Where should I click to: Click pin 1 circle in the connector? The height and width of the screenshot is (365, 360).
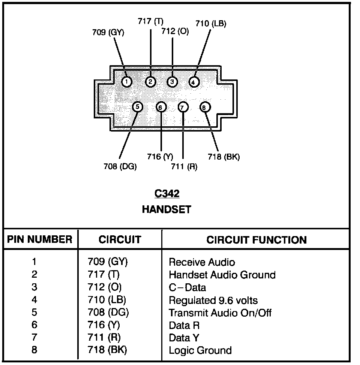pyautogui.click(x=127, y=81)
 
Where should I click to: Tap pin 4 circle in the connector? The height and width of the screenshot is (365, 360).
pyautogui.click(x=193, y=81)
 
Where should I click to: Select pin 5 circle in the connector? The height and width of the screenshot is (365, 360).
pyautogui.click(x=138, y=107)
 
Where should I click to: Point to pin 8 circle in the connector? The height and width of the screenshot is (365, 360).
pyautogui.click(x=205, y=108)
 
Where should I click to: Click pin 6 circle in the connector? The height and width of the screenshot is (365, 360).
pyautogui.click(x=161, y=108)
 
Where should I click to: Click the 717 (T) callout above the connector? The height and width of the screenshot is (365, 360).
pyautogui.click(x=150, y=21)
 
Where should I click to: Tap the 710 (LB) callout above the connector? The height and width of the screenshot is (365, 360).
pyautogui.click(x=211, y=24)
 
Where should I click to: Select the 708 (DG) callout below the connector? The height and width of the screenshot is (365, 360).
pyautogui.click(x=120, y=166)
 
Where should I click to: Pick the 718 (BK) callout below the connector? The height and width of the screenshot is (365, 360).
pyautogui.click(x=223, y=157)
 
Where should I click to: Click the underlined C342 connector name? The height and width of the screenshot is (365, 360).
pyautogui.click(x=167, y=194)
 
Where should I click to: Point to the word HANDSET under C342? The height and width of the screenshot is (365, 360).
pyautogui.click(x=166, y=209)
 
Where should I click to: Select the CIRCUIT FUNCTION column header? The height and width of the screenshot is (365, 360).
pyautogui.click(x=256, y=240)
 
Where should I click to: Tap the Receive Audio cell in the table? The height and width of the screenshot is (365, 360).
pyautogui.click(x=202, y=262)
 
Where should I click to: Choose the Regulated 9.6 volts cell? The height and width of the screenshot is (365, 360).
pyautogui.click(x=213, y=300)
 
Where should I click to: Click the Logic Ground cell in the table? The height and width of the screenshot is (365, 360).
pyautogui.click(x=200, y=350)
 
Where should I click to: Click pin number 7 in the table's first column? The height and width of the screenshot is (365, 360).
pyautogui.click(x=34, y=338)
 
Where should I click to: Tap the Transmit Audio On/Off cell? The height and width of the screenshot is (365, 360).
pyautogui.click(x=220, y=313)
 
